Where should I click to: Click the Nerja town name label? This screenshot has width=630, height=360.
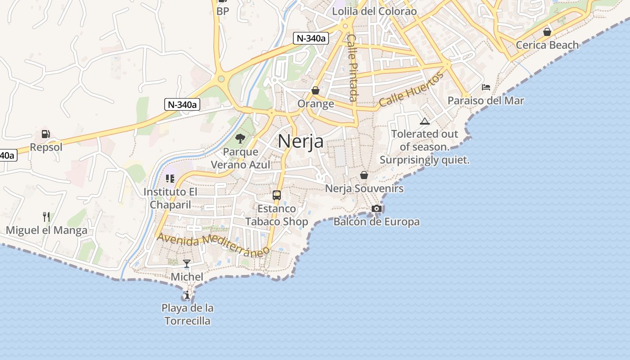[301, 141]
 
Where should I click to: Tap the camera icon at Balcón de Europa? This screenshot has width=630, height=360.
[377, 208]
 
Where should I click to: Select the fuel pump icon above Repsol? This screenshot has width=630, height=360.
[45, 134]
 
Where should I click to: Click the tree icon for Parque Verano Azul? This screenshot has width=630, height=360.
[240, 138]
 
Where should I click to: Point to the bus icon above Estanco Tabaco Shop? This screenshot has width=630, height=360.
[277, 195]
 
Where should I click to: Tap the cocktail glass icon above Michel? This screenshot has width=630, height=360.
[187, 263]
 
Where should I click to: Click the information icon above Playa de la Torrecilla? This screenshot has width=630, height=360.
[187, 295]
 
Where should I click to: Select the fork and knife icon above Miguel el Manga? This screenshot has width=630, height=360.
[46, 217]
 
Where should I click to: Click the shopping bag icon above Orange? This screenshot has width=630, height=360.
[315, 90]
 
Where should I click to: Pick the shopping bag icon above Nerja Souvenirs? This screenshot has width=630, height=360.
[364, 175]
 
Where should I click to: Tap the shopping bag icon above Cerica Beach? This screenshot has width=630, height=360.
[547, 32]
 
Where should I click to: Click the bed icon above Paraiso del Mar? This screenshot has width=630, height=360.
[486, 87]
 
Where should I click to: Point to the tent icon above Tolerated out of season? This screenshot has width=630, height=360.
[424, 121]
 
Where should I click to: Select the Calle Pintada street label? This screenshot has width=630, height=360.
[352, 68]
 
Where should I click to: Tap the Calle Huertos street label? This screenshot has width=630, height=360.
[411, 89]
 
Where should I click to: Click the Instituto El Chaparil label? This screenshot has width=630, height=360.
[170, 198]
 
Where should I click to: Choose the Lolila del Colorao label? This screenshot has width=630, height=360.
[374, 11]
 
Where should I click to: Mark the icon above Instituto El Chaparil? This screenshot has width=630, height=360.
[170, 179]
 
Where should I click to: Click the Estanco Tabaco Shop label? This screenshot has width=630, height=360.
[277, 215]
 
